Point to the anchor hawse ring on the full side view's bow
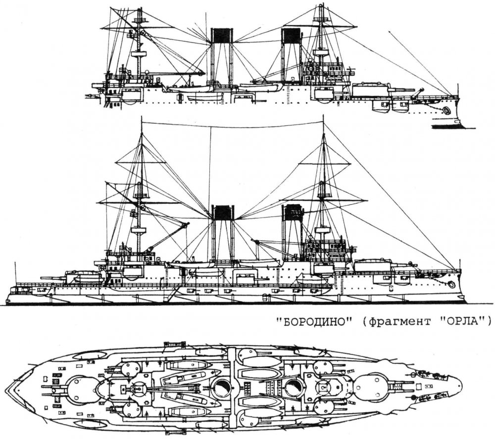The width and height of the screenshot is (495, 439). point(451,284)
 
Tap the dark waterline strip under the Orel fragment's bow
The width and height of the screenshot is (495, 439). point(448,127)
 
